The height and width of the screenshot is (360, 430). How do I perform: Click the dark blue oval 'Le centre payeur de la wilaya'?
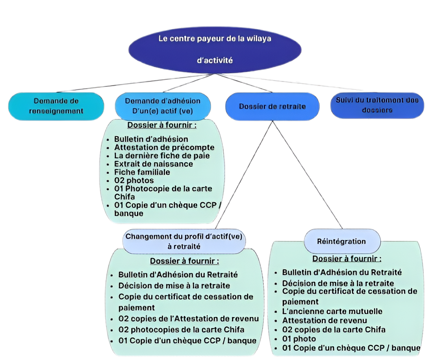215,49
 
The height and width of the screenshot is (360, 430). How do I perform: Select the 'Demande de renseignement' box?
56,106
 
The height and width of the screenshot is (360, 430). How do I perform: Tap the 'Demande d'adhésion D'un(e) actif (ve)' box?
162,106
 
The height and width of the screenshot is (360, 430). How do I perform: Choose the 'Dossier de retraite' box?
272,106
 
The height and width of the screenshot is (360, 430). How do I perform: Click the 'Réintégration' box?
341,241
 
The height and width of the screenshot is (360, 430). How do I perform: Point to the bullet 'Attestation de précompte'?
164,147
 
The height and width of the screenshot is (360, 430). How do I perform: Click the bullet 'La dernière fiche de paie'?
161,156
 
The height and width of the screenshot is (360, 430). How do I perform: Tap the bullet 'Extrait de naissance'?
154,164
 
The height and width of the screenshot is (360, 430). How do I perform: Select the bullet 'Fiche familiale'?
142,172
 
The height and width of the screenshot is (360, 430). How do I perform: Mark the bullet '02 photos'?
134,180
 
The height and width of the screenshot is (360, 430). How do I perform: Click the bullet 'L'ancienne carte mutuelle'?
332,311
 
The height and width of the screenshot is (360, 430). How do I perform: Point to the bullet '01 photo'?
299,339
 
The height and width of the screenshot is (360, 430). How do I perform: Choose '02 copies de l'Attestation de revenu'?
189,319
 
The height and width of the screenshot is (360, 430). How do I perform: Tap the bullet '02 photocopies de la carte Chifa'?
181,329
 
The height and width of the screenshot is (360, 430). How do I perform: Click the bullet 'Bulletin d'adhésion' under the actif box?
151,139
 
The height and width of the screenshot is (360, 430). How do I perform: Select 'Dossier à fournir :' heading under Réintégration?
347,259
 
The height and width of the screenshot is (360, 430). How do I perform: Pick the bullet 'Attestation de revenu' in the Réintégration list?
324,321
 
